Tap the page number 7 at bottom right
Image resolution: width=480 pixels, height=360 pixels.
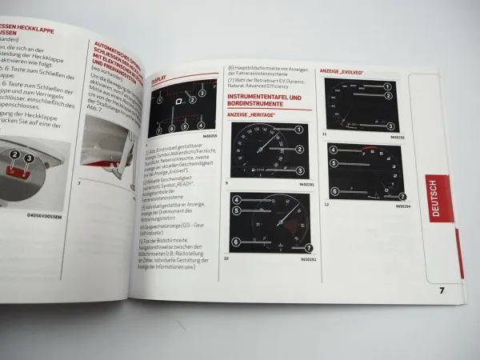pos(442,290)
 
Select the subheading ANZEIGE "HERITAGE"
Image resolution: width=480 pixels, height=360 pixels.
pos(251,115)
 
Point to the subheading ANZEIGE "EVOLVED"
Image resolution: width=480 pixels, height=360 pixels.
pos(342,71)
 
